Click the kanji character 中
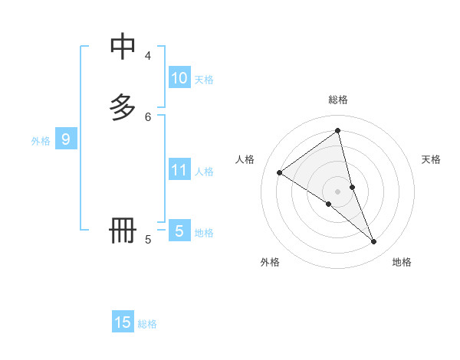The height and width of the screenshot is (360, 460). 123,47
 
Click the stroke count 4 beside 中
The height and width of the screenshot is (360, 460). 148,56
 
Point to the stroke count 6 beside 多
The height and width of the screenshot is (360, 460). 148,116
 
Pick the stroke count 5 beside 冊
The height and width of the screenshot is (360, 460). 148,240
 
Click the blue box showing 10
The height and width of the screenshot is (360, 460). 179,77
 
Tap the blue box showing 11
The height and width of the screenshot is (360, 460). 179,169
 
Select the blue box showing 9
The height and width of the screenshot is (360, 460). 66,139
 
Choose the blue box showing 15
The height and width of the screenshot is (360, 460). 123,322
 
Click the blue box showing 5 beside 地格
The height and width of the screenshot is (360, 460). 179,231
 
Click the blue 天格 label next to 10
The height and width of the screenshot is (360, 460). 204,80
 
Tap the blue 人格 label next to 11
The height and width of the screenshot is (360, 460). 204,172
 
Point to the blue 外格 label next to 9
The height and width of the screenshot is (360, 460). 41,141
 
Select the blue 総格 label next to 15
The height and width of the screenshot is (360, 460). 147,324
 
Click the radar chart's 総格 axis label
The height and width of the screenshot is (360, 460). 338,100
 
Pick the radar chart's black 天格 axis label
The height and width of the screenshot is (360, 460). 431,159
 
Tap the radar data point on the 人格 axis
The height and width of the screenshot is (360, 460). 279,172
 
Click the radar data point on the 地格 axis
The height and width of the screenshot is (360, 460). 374,241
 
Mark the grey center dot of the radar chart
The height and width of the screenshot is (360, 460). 338,191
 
